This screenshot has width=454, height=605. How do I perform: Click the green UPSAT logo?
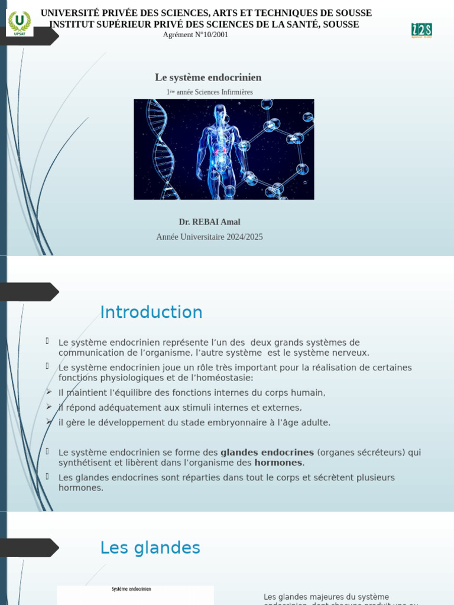(x=20, y=23)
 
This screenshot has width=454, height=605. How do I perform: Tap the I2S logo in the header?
(x=421, y=30)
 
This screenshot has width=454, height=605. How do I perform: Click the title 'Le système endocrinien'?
(x=208, y=77)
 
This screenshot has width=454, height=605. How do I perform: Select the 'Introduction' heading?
(x=151, y=312)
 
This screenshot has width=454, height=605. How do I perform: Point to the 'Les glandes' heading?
(x=150, y=548)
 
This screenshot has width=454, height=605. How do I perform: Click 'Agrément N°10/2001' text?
(x=195, y=35)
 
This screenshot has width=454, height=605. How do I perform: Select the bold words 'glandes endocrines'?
(x=267, y=453)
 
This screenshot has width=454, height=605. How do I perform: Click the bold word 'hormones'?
(x=278, y=463)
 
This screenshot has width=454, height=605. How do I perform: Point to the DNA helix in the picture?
(x=159, y=148)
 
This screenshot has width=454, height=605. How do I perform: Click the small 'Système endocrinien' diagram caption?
(x=131, y=589)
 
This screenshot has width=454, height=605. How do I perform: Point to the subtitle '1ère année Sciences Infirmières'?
(x=209, y=92)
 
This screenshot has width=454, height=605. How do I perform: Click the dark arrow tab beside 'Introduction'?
(x=30, y=292)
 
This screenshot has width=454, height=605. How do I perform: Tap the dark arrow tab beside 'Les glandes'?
(x=30, y=548)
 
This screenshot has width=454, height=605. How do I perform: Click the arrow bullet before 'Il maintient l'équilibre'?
(x=49, y=392)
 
